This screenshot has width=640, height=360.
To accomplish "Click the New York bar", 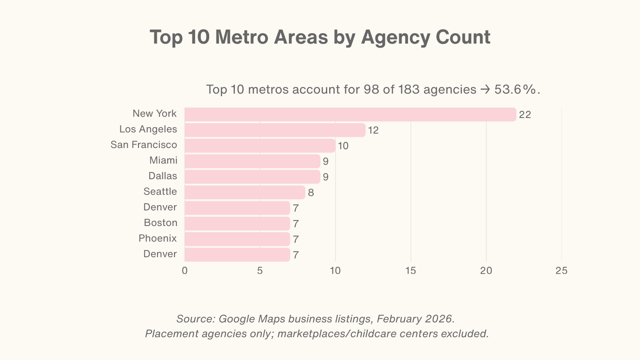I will click(350, 114).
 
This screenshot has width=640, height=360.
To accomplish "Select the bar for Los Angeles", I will click(275, 130).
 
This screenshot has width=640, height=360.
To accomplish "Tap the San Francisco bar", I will click(260, 146).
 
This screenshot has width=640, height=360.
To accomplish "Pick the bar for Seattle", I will click(245, 192).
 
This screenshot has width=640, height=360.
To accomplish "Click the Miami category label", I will click(163, 160).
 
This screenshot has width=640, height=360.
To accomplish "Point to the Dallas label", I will click(163, 176).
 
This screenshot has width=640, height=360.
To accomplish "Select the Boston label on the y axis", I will click(160, 223).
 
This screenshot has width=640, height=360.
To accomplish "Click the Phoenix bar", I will click(237, 239).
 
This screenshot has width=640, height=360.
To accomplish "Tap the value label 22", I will click(525, 115).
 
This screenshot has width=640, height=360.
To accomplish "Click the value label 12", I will click(373, 130).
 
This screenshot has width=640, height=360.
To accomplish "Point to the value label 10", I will click(343, 146).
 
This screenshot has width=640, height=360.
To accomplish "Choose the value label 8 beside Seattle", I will click(311, 193).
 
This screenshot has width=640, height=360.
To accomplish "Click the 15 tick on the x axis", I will click(411, 271).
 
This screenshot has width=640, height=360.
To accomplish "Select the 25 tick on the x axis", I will click(561, 271).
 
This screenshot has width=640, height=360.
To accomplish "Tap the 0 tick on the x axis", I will click(184, 271).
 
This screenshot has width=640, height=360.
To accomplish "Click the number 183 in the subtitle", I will click(409, 89).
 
